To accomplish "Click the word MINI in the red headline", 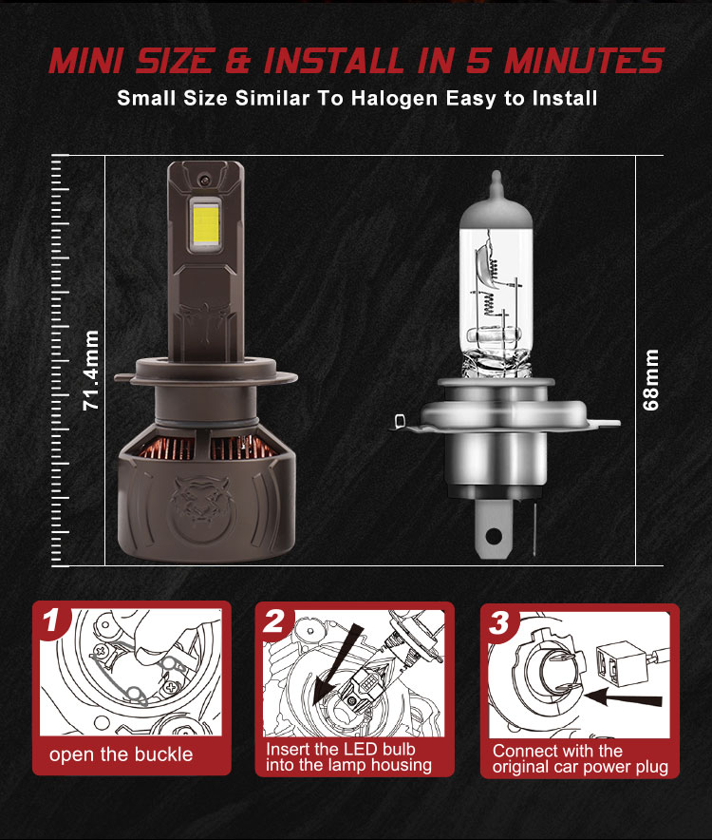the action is coord(86,60).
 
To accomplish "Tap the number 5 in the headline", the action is coord(478,60).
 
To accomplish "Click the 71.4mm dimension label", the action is coord(91,371).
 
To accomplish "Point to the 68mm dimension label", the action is coord(650,380).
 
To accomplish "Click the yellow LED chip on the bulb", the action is coord(206,224).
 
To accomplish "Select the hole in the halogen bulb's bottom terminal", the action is coord(494,536).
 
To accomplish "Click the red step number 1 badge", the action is coord(51,621).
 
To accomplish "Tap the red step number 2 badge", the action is coord(275,621).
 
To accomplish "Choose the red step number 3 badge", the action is coord(500,623).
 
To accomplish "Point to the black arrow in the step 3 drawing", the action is coord(623,697).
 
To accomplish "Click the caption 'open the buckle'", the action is coord(121,754).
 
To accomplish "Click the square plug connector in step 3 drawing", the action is coord(614,663).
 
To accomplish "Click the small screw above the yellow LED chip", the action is coord(204,179).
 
